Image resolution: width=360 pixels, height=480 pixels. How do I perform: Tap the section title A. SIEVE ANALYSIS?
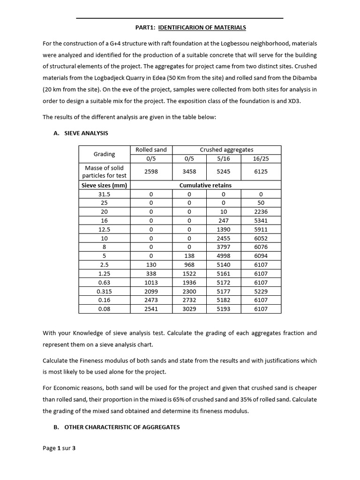coord(81,133)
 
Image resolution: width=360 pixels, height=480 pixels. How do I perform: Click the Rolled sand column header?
coord(151,150)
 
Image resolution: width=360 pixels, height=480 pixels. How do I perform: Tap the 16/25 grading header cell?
coord(261,158)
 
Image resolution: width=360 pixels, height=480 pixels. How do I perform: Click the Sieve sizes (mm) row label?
coord(104,185)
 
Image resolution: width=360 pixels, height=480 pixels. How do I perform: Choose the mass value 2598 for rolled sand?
coord(151,172)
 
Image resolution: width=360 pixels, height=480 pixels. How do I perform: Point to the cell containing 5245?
coord(224,172)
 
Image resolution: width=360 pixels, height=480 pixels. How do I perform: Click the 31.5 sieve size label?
coord(104,194)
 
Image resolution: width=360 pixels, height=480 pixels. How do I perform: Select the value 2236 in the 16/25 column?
coord(261,212)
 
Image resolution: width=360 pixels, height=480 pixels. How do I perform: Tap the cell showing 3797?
coord(224,247)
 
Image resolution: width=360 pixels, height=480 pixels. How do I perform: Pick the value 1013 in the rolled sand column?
coord(151,283)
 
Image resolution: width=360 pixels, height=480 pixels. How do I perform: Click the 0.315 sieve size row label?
coord(104,292)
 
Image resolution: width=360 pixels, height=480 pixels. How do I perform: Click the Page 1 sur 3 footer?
coord(59,448)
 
